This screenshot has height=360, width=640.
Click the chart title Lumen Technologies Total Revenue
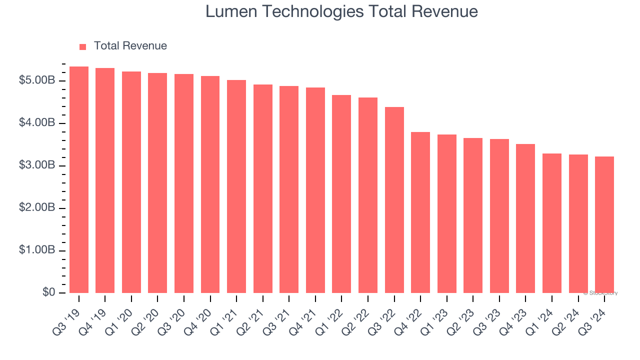click(x=341, y=11)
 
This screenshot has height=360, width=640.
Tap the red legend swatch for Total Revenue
click(x=83, y=46)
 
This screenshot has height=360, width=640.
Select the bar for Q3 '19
click(x=79, y=180)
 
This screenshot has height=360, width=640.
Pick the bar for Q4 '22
click(x=420, y=212)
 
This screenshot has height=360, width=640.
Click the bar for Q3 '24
click(x=604, y=225)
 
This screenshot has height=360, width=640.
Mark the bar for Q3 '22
click(x=394, y=200)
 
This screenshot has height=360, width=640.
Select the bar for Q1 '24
click(x=552, y=223)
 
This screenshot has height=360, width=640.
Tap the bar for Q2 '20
click(x=157, y=183)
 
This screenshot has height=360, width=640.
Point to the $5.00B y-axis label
click(x=37, y=80)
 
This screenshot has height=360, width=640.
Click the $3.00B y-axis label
click(x=37, y=165)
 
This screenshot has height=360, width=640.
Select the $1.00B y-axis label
click(x=37, y=250)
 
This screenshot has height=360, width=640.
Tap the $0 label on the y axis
click(x=49, y=292)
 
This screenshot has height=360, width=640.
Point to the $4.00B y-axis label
click(x=37, y=123)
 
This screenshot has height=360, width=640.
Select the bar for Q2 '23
click(x=473, y=215)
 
